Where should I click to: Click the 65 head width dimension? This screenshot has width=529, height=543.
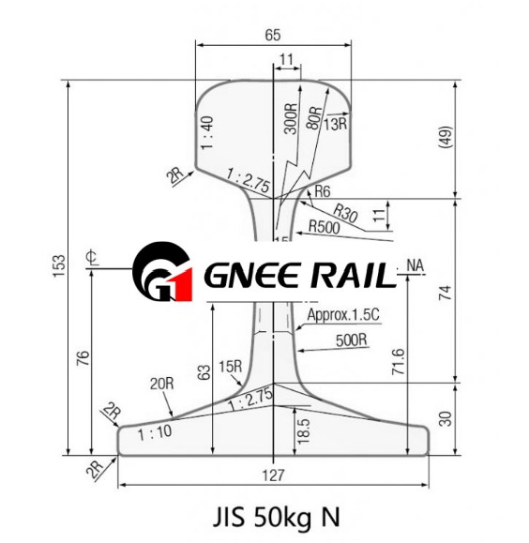[x=271, y=35]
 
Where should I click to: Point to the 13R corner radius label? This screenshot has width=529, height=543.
[x=336, y=121]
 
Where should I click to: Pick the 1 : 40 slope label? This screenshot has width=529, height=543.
[x=206, y=133]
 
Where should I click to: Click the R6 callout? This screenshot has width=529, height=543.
[x=323, y=191]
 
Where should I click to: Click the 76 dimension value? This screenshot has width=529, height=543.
[x=83, y=358]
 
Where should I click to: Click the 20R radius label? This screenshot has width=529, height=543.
[x=162, y=383]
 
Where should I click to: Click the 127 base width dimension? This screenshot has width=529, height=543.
[x=272, y=475]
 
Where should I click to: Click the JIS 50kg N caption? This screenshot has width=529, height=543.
[x=272, y=517]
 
